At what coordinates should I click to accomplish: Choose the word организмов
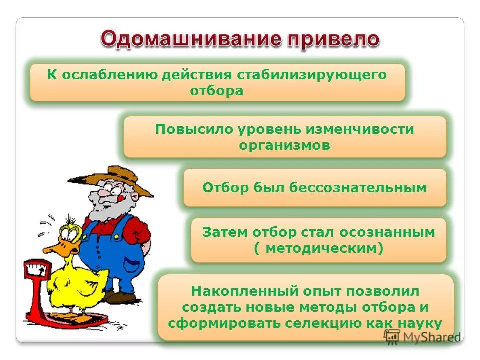point(284,145)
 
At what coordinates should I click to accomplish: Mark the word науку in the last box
point(420,323)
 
